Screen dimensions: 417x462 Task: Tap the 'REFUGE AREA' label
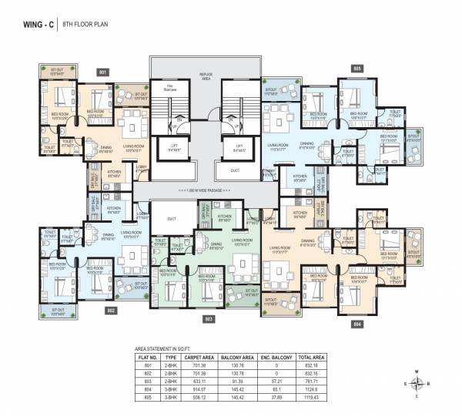pyautogui.click(x=206, y=76)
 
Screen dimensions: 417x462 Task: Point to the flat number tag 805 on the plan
pyautogui.click(x=357, y=68)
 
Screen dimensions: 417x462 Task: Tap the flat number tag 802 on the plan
pyautogui.click(x=111, y=310)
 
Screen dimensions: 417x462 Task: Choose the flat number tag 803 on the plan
pyautogui.click(x=208, y=318)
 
